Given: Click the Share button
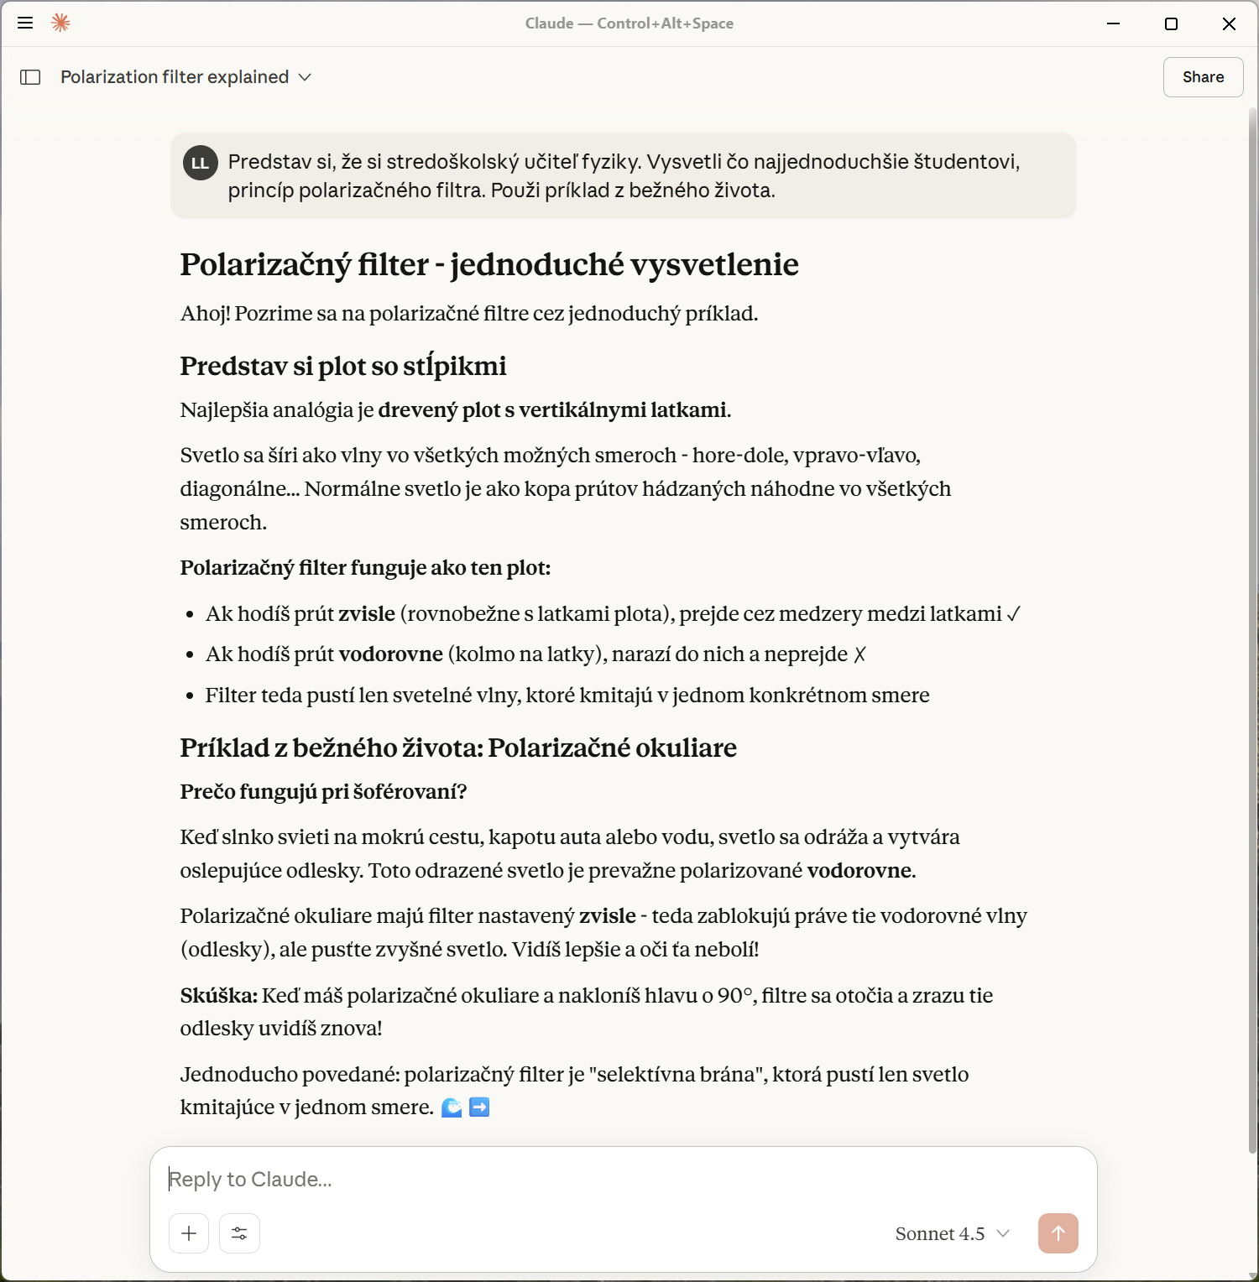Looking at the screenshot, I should coord(1203,77).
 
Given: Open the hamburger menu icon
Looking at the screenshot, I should coord(25,23).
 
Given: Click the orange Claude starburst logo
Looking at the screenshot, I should coord(60,23).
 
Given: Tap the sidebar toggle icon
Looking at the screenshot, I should coord(30,77).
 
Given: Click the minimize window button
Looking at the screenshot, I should coord(1114,23).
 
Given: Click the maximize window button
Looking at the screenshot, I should coord(1171,23).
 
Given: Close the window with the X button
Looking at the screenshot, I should coord(1229,23).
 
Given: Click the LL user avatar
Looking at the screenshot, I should coord(201,163).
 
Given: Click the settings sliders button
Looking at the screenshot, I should coord(239,1233).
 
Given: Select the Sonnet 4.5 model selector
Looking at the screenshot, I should coord(952,1233).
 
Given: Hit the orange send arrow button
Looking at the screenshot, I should coord(1058,1233).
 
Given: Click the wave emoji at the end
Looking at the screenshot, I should coord(452,1107).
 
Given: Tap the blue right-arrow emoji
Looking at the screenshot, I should coord(479,1107).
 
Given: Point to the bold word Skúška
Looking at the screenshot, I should coord(218,996).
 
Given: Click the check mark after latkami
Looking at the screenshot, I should coord(1013,614).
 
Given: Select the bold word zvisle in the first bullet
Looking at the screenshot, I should coord(367,614).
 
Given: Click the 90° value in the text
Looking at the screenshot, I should coord(735,996).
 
